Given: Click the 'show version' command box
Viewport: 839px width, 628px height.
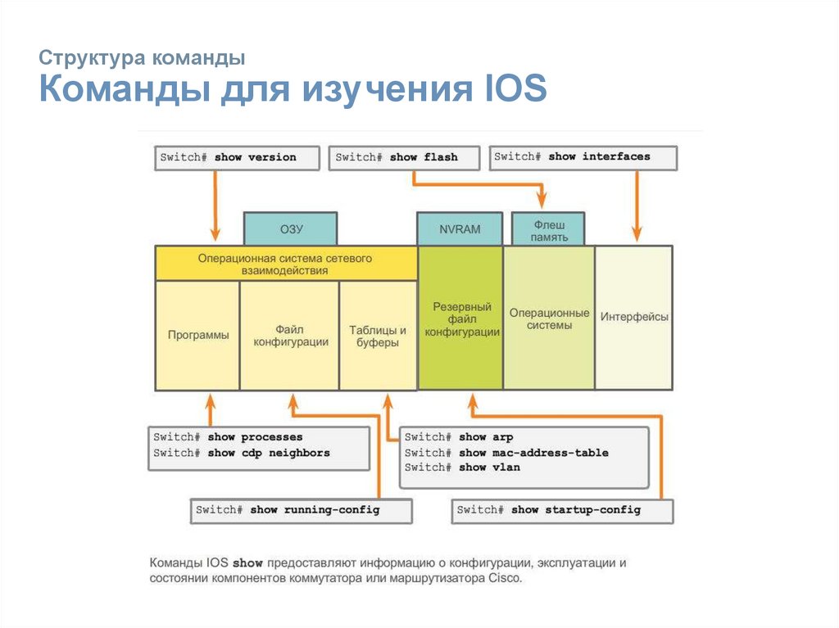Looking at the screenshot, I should pos(237,157).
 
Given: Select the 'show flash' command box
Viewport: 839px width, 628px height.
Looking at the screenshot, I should pos(405,157).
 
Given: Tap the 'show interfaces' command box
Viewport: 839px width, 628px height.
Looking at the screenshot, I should pos(583,157).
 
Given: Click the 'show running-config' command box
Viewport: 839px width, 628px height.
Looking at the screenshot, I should pos(288,510).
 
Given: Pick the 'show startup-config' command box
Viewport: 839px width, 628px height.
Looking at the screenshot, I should pos(562,510).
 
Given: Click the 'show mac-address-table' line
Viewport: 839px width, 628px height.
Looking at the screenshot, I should pos(507,453).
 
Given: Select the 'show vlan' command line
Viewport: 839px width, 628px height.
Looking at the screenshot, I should pos(463,468).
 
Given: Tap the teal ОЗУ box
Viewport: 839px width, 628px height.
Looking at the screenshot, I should pos(291,229).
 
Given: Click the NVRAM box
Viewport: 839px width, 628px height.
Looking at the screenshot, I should pos(460,229).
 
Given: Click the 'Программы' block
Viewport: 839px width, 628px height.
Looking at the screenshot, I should pos(197,335).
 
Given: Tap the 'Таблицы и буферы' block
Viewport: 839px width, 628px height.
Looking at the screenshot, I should pos(378,336).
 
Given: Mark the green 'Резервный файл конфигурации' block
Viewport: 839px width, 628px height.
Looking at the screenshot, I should pos(460,319).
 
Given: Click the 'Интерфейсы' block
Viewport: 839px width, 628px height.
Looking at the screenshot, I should pos(634,317).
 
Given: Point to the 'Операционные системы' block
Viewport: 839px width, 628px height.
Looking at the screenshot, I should pos(549,319).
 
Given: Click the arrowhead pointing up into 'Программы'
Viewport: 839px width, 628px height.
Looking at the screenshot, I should pos(211,400).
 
